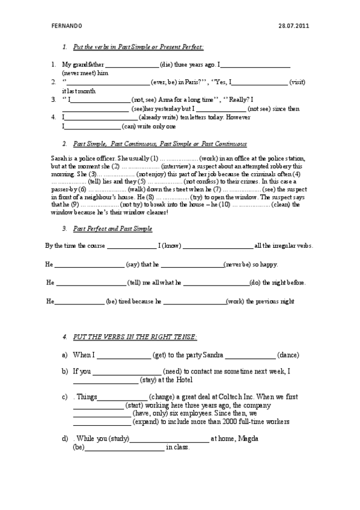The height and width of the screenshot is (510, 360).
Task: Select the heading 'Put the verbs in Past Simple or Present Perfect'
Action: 138,47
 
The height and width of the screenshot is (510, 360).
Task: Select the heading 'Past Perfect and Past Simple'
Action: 112,229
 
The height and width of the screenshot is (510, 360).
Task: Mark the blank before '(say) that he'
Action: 89,264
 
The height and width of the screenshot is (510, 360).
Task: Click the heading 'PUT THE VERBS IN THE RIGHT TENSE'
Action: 135,336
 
